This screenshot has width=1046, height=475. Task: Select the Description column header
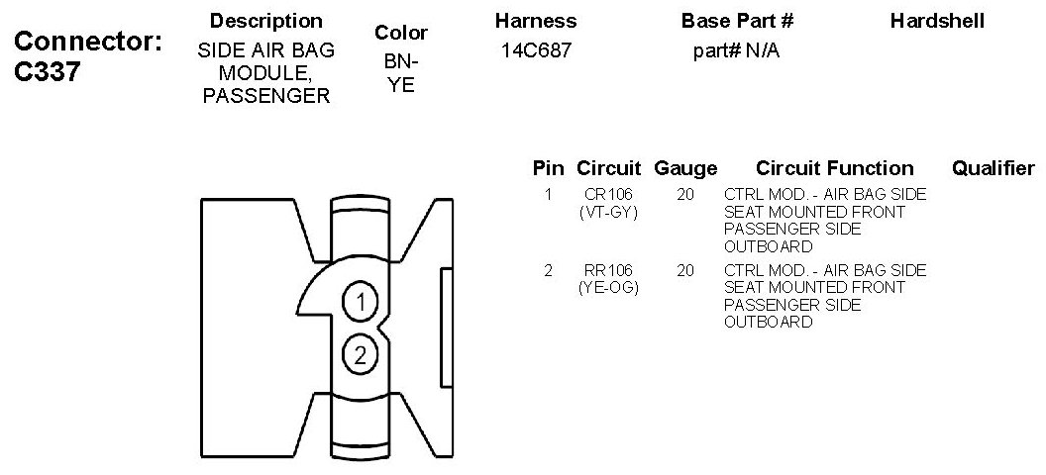click(x=266, y=21)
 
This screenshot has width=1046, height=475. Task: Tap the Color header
click(x=401, y=34)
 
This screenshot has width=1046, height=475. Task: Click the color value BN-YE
click(x=401, y=73)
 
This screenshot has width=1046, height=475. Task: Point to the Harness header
click(x=535, y=21)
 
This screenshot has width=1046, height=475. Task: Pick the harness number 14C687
click(x=535, y=50)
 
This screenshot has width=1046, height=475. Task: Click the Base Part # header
click(x=737, y=21)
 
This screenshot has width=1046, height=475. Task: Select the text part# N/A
click(x=736, y=50)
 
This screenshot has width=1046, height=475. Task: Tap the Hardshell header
click(x=937, y=21)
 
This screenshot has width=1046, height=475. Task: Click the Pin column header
click(x=548, y=168)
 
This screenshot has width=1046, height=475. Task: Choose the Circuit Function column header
click(x=834, y=168)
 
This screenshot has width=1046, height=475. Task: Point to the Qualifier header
click(x=993, y=168)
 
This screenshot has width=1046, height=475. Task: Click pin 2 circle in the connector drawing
click(x=361, y=354)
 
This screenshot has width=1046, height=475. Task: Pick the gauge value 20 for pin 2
click(x=684, y=270)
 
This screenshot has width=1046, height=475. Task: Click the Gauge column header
click(x=685, y=168)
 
